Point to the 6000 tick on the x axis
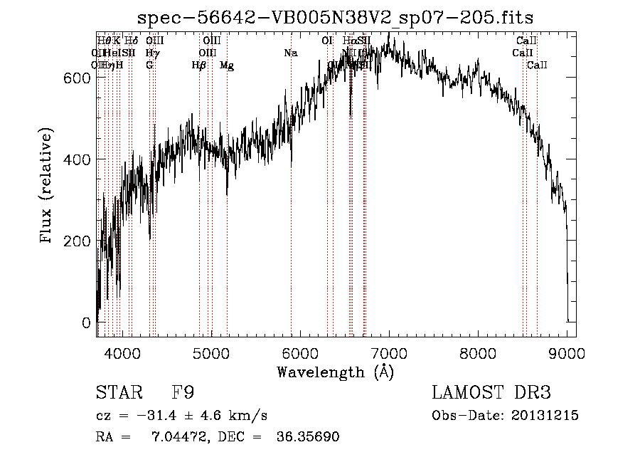point(300,352)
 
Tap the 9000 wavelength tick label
point(567,352)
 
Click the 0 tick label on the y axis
point(85,322)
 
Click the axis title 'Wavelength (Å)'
point(335,372)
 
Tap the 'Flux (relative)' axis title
point(48,187)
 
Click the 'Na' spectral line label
point(290,53)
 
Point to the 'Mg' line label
point(227,65)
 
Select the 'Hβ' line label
point(199,65)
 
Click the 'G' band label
point(149,65)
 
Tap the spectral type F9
point(183,394)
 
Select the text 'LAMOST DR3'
point(491,394)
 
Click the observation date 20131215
point(547,416)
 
